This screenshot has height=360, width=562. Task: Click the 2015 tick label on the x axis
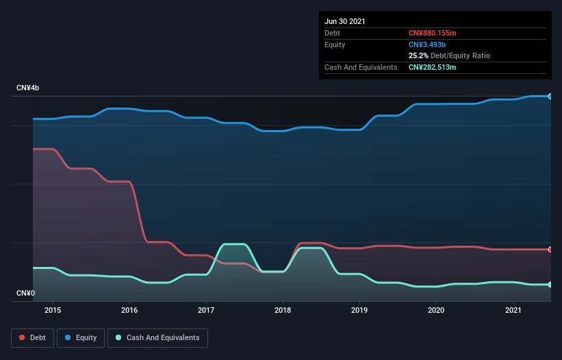(53, 310)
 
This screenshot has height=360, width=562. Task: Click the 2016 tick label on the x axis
(129, 310)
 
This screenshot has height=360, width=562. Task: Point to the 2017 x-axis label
(206, 310)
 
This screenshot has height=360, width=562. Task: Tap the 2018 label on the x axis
(283, 310)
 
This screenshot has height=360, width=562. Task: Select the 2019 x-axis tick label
(360, 310)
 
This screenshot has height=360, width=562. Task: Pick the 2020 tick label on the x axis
(437, 310)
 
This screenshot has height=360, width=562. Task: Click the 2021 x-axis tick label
(513, 310)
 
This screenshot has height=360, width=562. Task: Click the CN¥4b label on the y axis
(28, 88)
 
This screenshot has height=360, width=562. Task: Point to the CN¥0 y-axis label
(26, 294)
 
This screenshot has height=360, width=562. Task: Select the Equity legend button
(81, 337)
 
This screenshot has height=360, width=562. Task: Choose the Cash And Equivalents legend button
(157, 337)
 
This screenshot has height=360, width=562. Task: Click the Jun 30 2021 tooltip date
(345, 21)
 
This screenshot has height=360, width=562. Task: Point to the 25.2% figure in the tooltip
(418, 55)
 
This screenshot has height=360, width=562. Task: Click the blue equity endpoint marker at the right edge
(550, 97)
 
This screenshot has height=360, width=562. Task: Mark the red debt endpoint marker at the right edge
(550, 250)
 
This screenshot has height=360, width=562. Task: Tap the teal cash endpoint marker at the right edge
(550, 285)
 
